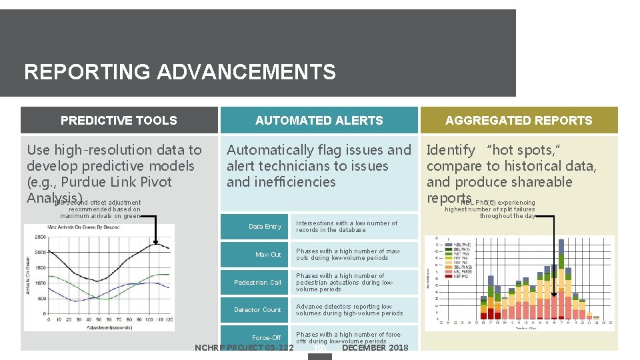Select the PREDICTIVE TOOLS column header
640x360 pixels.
(119, 121)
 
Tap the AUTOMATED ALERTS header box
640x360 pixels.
(319, 121)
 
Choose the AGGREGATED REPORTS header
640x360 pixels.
(519, 121)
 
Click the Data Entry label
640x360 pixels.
(265, 227)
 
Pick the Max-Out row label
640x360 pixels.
(268, 255)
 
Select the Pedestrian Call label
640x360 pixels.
(257, 283)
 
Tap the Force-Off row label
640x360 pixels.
(266, 338)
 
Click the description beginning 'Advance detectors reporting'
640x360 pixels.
(349, 310)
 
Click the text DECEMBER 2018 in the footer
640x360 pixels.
(375, 348)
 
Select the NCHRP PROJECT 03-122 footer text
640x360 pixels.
(243, 348)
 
